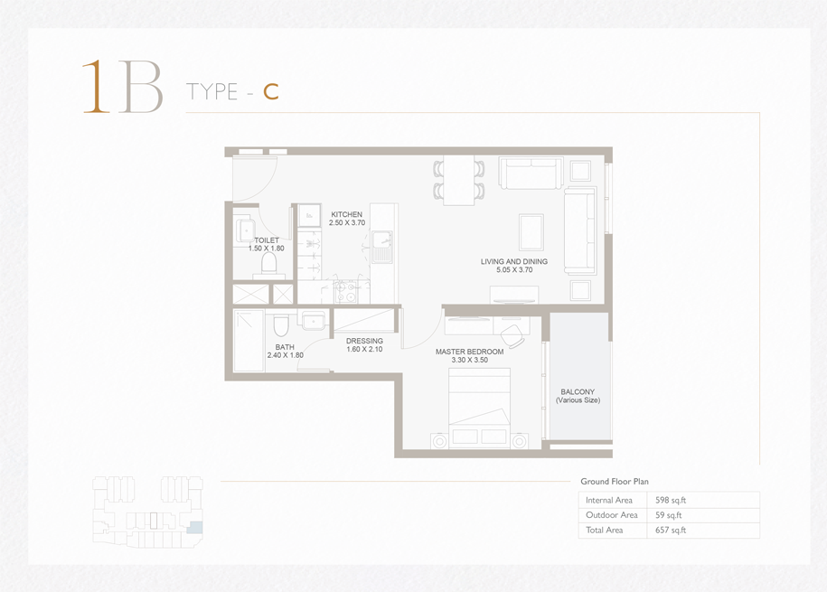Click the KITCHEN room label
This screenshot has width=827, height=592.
346,214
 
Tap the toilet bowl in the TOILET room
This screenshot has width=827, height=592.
269,263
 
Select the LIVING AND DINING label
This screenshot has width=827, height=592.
514,261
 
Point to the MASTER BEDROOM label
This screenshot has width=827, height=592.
469,352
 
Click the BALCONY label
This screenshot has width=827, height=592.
578,391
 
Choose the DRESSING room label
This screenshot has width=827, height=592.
364,341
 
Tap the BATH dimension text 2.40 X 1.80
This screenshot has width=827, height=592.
286,355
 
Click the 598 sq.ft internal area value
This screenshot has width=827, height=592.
671,500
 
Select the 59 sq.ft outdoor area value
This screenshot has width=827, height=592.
668,515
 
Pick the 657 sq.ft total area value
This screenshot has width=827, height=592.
671,530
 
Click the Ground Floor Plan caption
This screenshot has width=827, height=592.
615,481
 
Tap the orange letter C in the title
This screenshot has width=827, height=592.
271,92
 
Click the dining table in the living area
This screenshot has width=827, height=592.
459,181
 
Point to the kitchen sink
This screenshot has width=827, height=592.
381,247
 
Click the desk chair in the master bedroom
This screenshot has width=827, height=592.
512,334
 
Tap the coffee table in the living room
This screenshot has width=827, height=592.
531,232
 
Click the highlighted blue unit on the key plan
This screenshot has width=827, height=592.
194,527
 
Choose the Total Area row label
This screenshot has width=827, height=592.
605,530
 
